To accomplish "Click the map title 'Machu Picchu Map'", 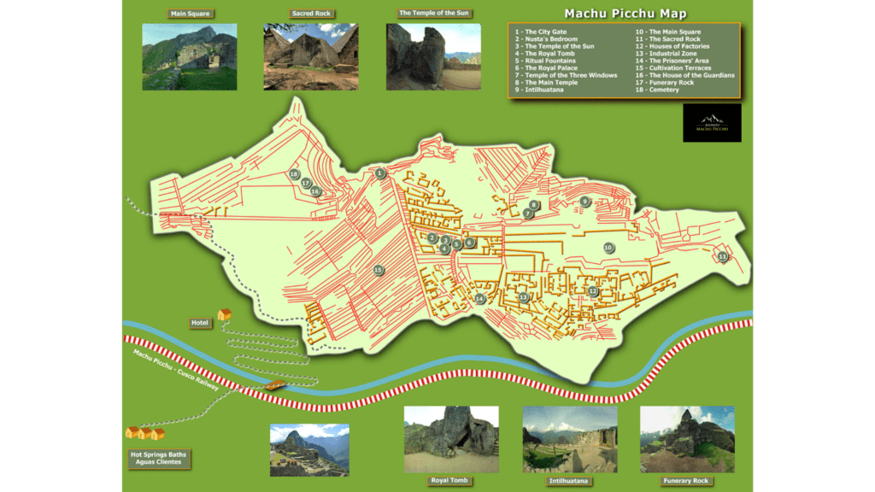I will pos(625,14).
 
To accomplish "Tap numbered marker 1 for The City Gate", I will pos(380,173).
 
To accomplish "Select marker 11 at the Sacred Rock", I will pos(723,256).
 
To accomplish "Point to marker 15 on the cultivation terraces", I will pos(379,270).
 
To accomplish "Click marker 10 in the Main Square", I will pos(608,247).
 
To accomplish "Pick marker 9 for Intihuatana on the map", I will pos(584,202).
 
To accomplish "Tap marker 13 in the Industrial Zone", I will pos(523,297).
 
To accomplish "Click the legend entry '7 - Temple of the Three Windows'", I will pos(566,75).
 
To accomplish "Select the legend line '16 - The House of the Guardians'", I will pos(684,75).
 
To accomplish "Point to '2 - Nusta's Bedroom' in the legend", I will pos(546,39).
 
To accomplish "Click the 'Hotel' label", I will pos(201,323).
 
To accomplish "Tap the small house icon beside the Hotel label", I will pos(225,314).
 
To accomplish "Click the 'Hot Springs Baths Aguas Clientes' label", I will pos(159,458).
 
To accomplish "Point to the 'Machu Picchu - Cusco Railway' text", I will pos(175,370).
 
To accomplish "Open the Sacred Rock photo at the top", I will pos(310,56).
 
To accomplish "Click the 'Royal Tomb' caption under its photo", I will pos(450,481).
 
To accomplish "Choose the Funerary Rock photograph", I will pos(686,439).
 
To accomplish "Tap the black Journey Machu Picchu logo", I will pos(713,123).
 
